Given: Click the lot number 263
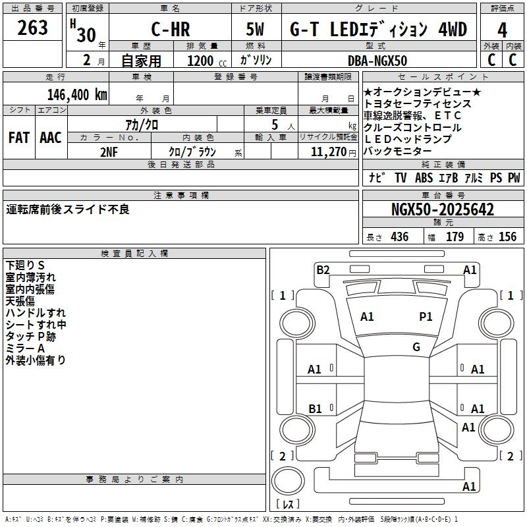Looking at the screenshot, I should click(33, 28).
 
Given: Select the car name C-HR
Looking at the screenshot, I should click(169, 30).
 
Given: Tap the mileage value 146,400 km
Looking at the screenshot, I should click(78, 94).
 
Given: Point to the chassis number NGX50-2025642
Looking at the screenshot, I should click(442, 210).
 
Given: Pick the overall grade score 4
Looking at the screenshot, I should click(503, 30).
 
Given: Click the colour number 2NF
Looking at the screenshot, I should click(109, 150).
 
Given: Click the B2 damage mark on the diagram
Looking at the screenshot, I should click(323, 269).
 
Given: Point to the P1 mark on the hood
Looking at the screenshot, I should click(426, 317).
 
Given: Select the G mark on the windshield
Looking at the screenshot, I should click(416, 347).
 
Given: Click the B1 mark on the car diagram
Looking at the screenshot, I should click(316, 409).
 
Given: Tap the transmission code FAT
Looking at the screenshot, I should click(19, 138).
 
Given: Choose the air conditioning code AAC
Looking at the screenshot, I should click(51, 138).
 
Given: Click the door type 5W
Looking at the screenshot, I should click(257, 30).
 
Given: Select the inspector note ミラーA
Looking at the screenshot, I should click(25, 348).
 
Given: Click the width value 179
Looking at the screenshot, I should click(455, 237).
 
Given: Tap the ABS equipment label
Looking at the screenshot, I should click(424, 178).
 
